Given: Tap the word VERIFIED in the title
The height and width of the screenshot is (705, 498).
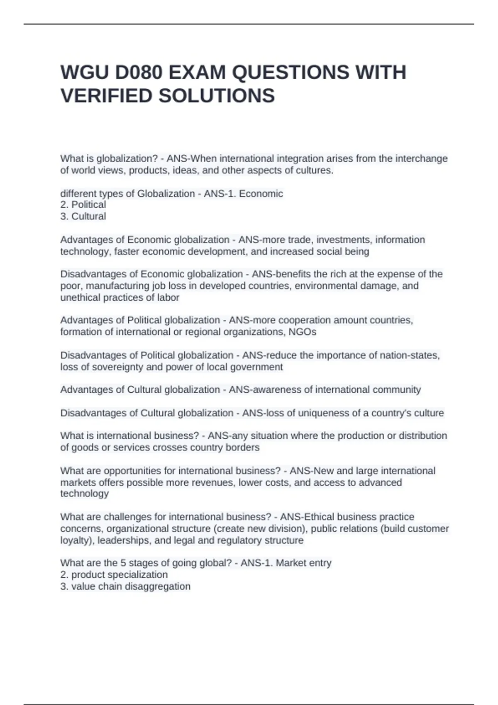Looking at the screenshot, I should click(x=106, y=96).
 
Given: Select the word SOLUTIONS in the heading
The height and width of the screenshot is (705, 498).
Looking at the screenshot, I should click(x=217, y=96).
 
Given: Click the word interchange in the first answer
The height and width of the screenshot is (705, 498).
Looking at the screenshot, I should click(x=421, y=158).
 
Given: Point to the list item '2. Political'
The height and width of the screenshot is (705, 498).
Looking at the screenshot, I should click(x=83, y=204).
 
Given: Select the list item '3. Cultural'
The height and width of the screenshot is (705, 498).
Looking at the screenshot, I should click(x=83, y=216).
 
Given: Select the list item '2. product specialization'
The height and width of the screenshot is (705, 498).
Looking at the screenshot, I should click(x=114, y=575).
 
